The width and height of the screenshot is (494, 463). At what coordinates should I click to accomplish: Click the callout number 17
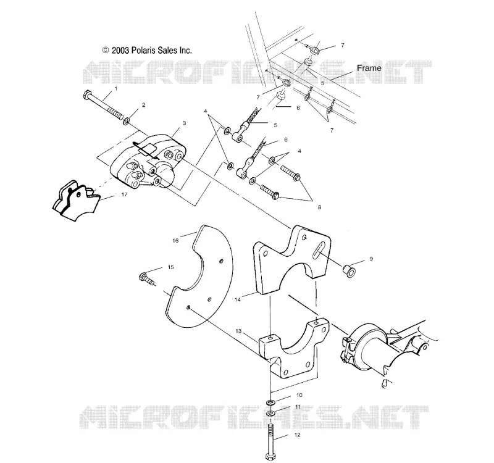[x=125, y=194]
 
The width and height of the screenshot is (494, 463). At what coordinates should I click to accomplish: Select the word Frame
[x=369, y=68]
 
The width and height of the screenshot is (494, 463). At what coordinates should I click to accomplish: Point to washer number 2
[x=128, y=120]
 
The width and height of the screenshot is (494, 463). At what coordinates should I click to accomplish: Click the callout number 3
[x=184, y=123]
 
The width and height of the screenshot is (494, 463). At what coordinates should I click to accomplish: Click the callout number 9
[x=371, y=259]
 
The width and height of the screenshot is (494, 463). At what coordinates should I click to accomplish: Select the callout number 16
[x=175, y=240]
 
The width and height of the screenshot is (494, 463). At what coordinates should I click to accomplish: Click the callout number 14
[x=238, y=299]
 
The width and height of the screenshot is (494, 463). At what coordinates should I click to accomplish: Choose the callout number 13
[x=238, y=331]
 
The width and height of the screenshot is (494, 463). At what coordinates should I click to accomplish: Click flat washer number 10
[x=270, y=403]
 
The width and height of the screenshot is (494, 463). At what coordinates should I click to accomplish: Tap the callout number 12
[x=297, y=435]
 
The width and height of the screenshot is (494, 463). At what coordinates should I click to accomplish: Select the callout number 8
[x=319, y=207]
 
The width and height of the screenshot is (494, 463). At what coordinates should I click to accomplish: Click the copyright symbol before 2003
[x=106, y=50]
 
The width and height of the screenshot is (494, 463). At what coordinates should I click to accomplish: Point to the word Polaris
[x=143, y=50]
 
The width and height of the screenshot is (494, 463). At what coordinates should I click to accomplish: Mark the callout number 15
[x=171, y=267]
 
